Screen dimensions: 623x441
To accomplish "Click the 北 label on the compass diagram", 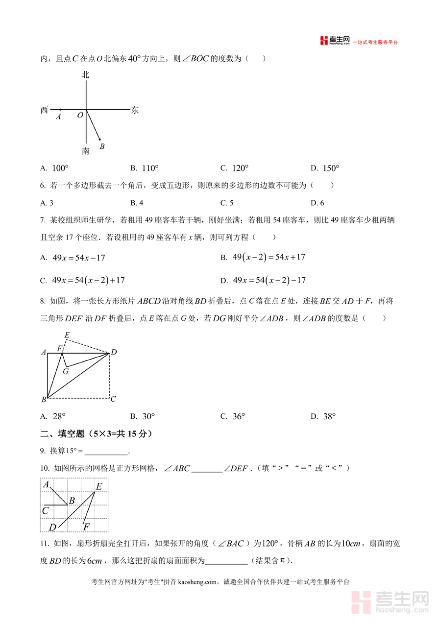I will (x=86, y=75).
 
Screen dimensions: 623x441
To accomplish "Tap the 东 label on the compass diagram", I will (x=135, y=111).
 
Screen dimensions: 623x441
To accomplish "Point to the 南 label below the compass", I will (x=86, y=151).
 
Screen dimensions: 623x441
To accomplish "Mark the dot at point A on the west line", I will (x=60, y=110).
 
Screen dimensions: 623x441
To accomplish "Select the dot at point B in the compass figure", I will (x=100, y=139).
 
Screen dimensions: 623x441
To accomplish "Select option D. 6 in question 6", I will (x=317, y=203).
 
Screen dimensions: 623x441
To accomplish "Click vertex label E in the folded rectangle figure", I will (x=67, y=335).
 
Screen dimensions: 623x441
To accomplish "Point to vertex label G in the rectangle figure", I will (x=65, y=371).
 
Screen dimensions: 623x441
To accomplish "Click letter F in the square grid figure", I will (x=87, y=527).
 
